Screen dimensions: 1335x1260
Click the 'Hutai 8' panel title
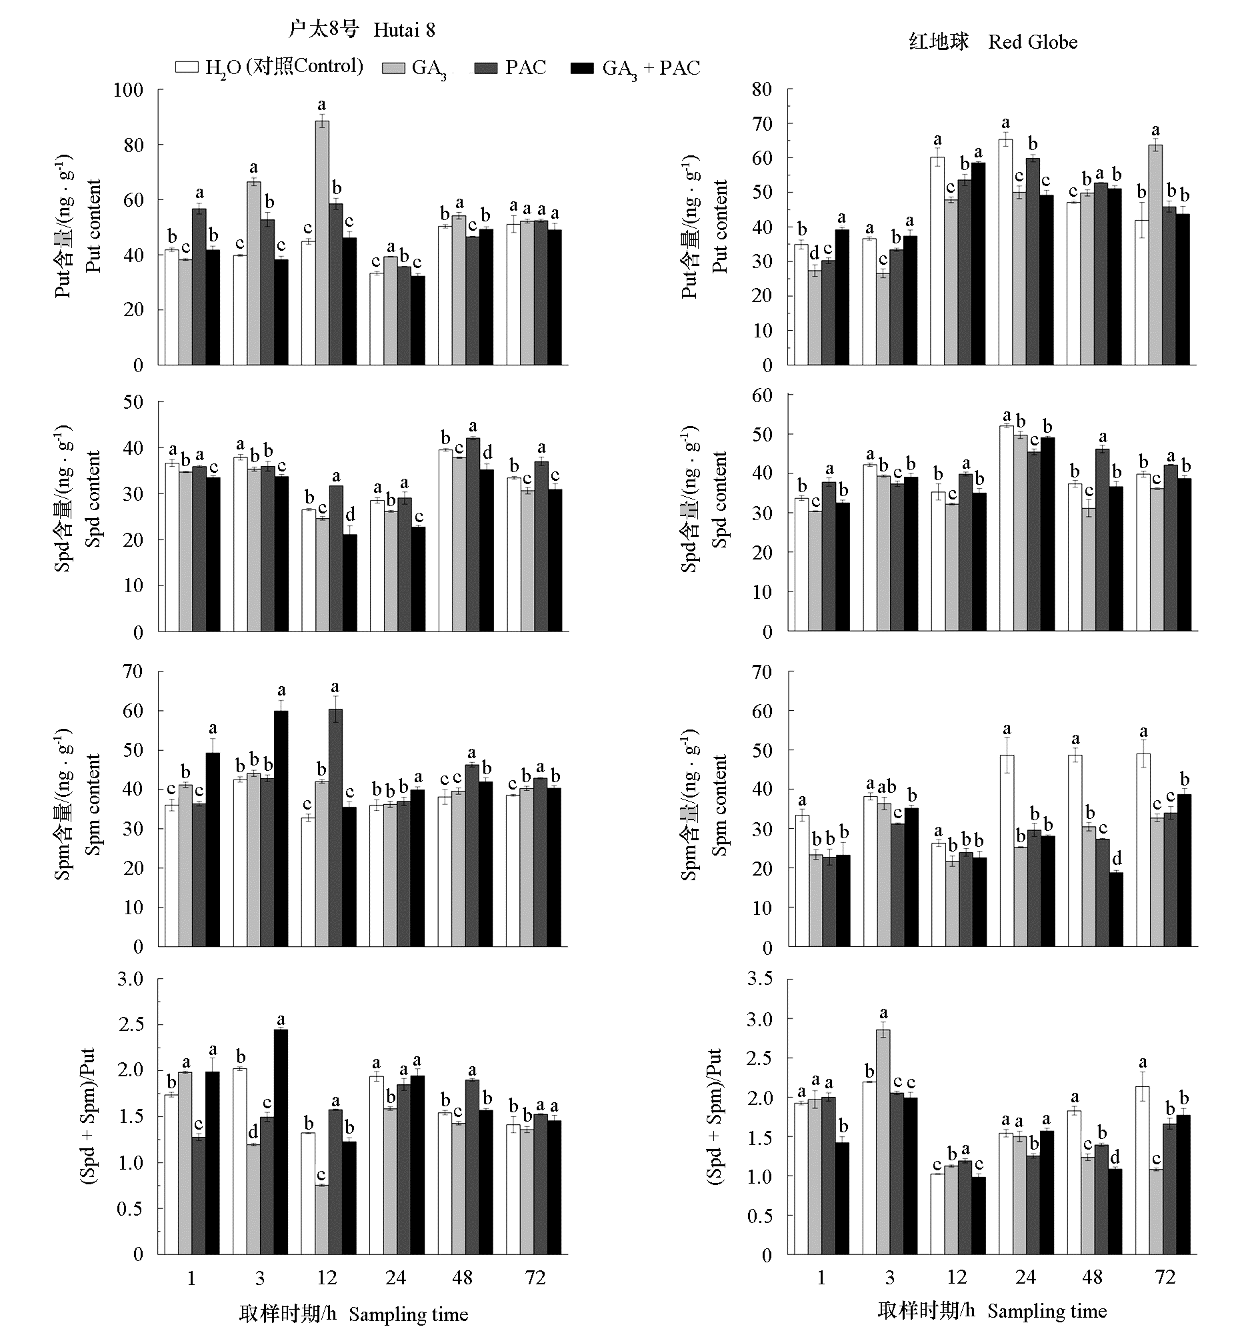(x=403, y=30)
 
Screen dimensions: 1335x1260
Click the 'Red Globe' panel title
(x=1032, y=42)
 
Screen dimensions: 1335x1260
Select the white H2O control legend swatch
(x=187, y=67)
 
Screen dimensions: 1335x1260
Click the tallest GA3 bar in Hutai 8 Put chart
(x=322, y=242)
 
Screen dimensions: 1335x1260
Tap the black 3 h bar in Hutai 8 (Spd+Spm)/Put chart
(x=281, y=1142)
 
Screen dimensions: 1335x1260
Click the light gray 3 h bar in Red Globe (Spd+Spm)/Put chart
(x=883, y=1142)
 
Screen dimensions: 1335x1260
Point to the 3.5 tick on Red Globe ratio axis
(x=759, y=979)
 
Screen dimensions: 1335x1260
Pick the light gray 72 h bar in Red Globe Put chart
(x=1156, y=255)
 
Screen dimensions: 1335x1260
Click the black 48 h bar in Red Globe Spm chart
(x=1115, y=909)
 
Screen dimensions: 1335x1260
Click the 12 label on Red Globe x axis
(x=957, y=1277)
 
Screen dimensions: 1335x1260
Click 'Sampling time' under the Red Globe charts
(x=1047, y=1311)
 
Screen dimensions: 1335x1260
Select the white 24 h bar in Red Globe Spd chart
(x=1006, y=528)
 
